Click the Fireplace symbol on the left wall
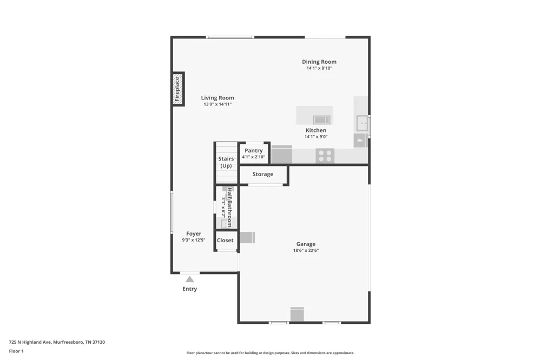(x=178, y=89)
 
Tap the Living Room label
(x=217, y=98)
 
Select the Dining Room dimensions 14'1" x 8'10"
(x=319, y=68)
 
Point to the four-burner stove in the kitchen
(x=325, y=156)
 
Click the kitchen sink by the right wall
(x=362, y=123)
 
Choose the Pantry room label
(x=254, y=151)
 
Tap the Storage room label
(x=263, y=174)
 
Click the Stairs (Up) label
(x=226, y=162)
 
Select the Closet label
(x=225, y=241)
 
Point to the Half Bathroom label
(x=229, y=207)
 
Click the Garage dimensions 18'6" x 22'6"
(x=306, y=250)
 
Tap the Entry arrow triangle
(x=189, y=279)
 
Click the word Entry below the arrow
(x=190, y=289)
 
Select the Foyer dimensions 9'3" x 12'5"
(x=194, y=240)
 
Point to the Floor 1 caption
(x=16, y=351)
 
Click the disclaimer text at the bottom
(x=270, y=353)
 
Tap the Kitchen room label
(x=316, y=130)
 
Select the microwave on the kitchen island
(x=321, y=120)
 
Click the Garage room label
(x=306, y=244)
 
